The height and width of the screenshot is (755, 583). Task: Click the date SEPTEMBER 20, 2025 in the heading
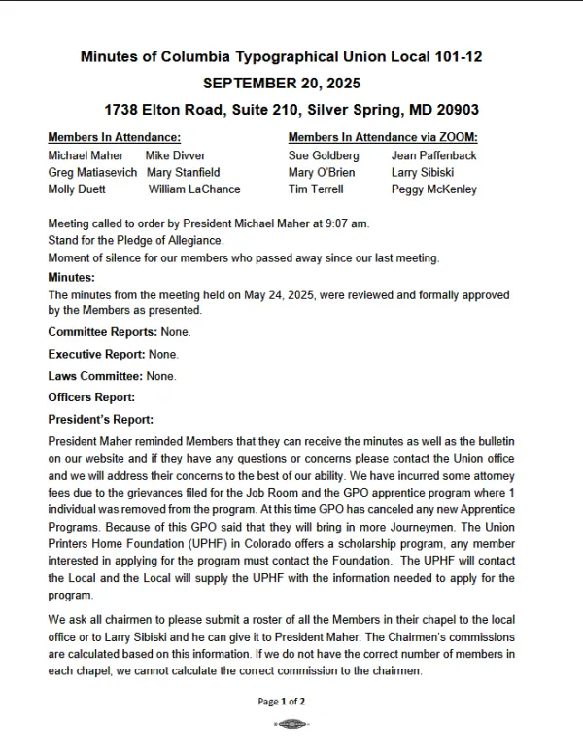tap(281, 84)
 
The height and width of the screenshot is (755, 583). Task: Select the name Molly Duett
tap(77, 189)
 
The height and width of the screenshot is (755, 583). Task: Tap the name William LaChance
tap(201, 189)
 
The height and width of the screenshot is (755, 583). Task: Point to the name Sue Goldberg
tap(324, 155)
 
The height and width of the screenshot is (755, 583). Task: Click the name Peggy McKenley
tap(434, 189)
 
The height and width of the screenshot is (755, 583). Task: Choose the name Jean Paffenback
tap(433, 155)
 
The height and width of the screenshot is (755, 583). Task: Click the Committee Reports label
tap(102, 332)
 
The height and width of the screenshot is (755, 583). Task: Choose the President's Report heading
tap(101, 420)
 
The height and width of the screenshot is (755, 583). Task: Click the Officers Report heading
tap(91, 397)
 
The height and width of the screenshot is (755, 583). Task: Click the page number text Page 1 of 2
tap(282, 701)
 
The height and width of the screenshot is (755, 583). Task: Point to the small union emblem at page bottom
tap(291, 724)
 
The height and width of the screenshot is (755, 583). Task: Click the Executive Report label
tap(96, 354)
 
